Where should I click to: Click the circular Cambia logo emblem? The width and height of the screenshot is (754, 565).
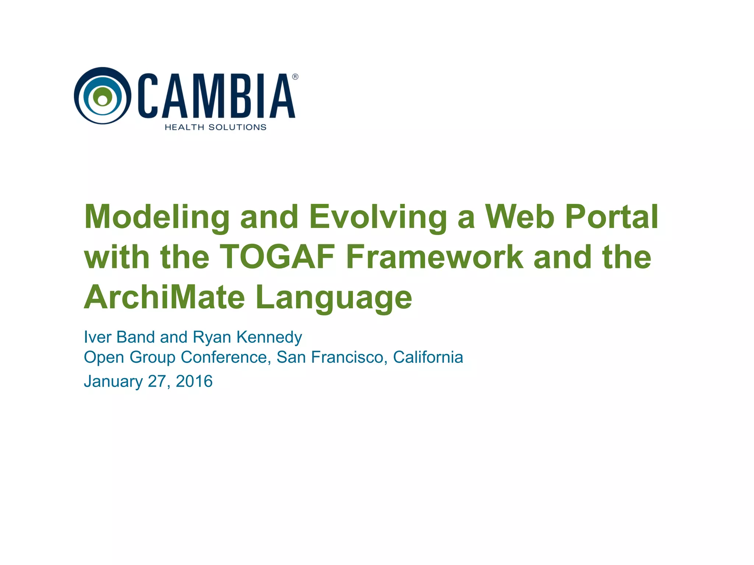(102, 96)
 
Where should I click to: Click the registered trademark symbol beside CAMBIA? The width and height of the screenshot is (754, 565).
(295, 77)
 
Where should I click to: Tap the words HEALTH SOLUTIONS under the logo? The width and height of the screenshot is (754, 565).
(215, 127)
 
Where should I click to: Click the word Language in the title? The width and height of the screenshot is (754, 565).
(334, 298)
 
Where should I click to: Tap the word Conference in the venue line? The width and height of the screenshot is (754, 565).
(226, 357)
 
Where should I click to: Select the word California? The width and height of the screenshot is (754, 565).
(428, 357)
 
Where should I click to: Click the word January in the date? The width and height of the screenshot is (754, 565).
(113, 381)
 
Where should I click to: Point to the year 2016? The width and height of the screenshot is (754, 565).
(194, 381)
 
